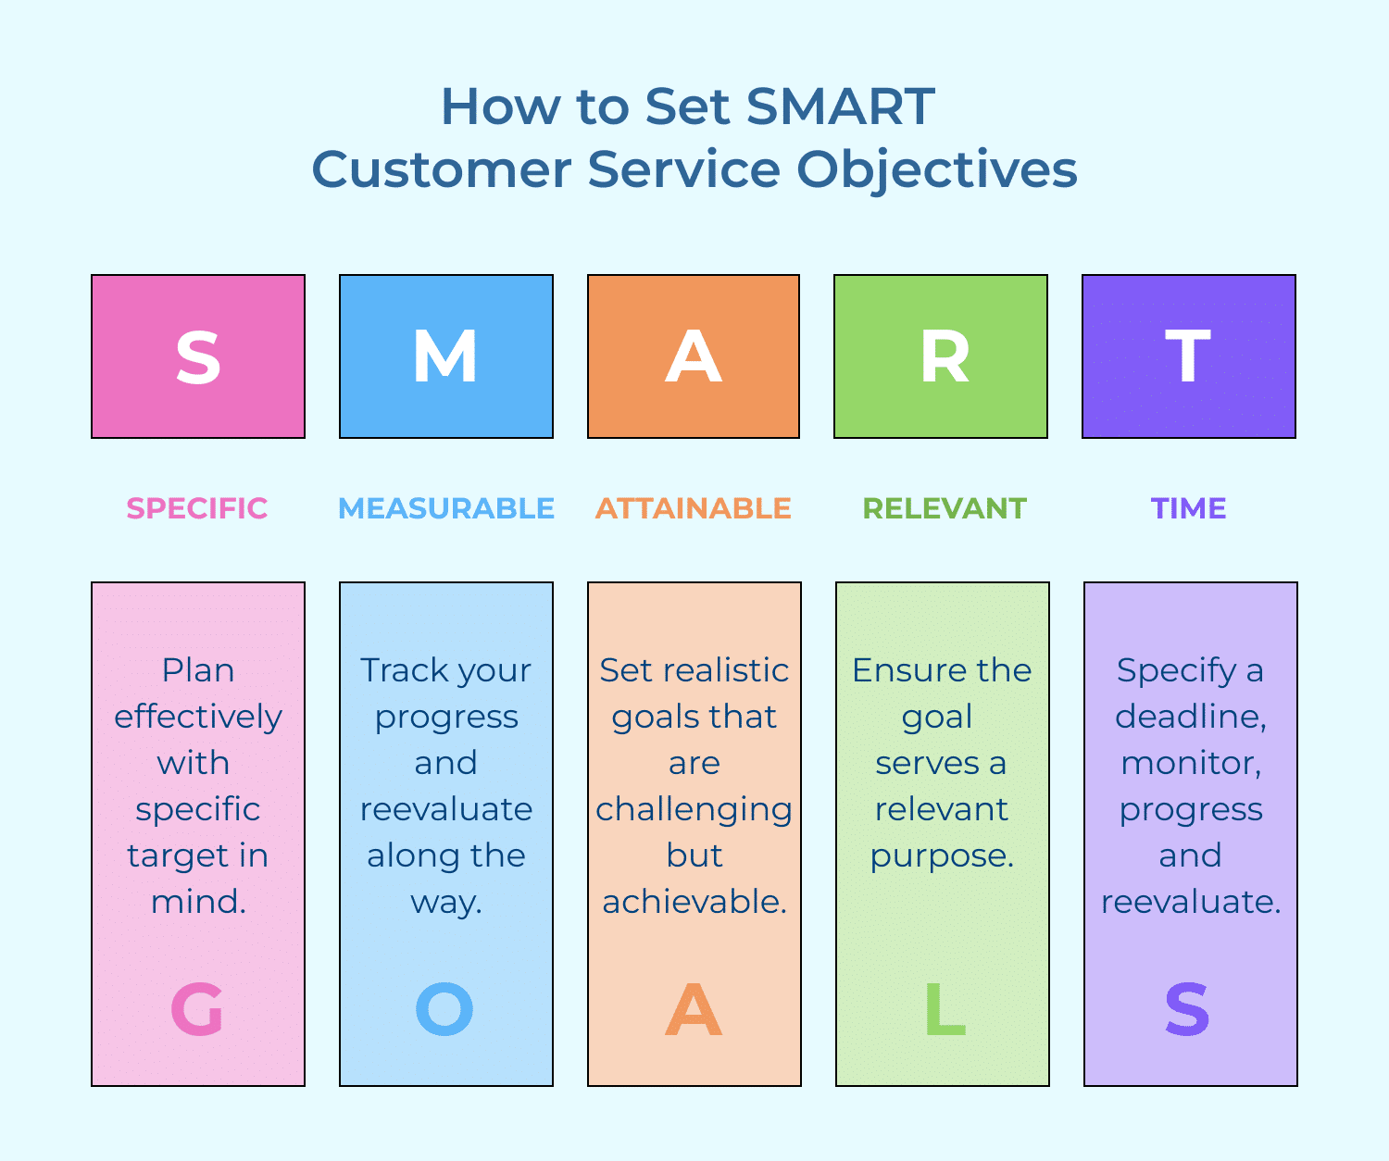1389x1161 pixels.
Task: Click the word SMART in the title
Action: click(x=840, y=106)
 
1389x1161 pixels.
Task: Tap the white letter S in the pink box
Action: click(x=198, y=357)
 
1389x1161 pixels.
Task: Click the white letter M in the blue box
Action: click(x=445, y=357)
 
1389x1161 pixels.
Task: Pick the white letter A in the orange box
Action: click(x=694, y=357)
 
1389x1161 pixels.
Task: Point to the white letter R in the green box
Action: click(x=944, y=357)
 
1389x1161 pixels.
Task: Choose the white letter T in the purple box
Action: click(x=1188, y=357)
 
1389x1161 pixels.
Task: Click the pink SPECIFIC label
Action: click(x=197, y=508)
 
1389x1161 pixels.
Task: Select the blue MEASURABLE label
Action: click(x=446, y=508)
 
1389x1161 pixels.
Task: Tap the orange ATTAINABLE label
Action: click(x=694, y=508)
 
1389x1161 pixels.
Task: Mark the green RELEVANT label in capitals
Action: click(x=945, y=508)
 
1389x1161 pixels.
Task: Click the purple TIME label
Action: click(x=1189, y=508)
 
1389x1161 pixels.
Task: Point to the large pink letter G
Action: click(x=197, y=1009)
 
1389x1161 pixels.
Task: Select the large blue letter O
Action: click(x=444, y=1009)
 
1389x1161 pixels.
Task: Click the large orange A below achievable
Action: click(x=694, y=1009)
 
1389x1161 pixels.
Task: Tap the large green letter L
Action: click(x=945, y=1009)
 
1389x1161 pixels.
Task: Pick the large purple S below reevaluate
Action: click(x=1188, y=1009)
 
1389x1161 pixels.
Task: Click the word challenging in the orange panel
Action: click(x=694, y=810)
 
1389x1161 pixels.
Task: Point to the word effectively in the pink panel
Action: click(x=198, y=717)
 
